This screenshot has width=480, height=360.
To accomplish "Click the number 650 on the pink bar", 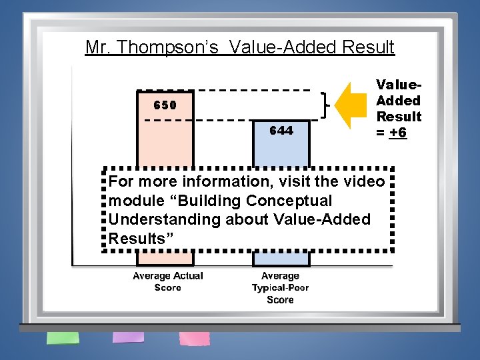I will coord(165,105).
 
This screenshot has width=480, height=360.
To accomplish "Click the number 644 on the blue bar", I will coord(281,131).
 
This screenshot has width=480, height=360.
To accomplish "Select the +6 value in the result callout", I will coord(398,132).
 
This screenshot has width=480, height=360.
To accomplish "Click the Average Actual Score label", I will coord(167,281).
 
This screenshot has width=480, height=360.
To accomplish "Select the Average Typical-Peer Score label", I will coord(281,287).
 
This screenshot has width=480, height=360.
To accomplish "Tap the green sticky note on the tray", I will coord(63,337).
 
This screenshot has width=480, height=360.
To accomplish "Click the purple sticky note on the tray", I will coord(127,337).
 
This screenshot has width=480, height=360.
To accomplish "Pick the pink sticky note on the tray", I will coord(194,338).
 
